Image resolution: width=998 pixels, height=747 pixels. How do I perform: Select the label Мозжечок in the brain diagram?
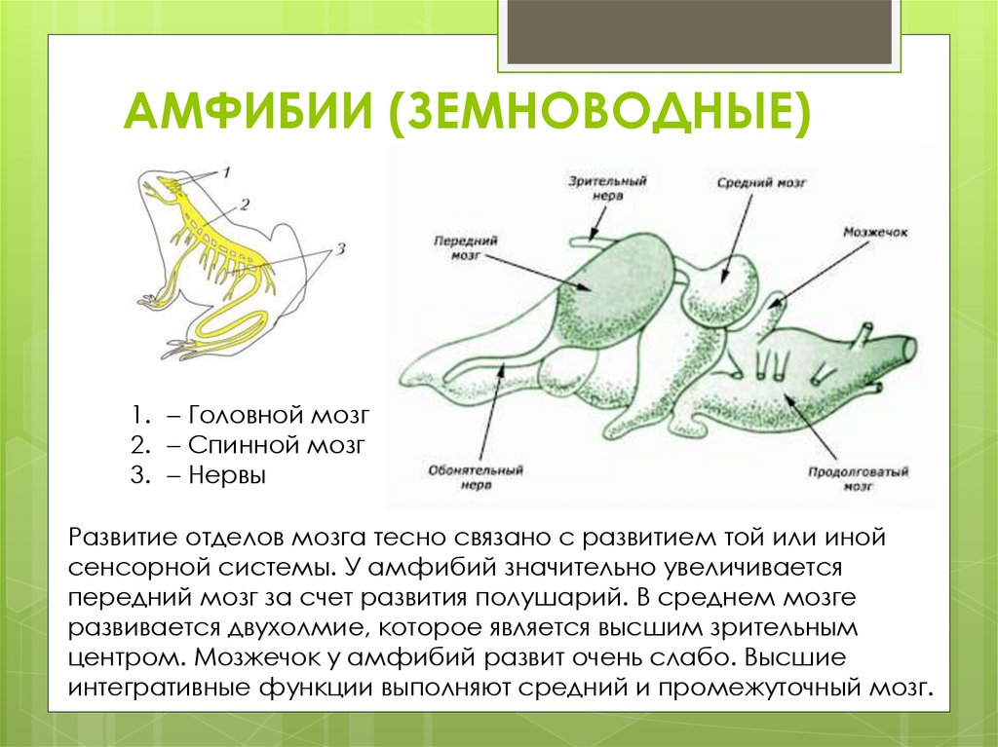876,235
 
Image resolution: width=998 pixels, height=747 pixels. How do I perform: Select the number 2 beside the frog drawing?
245,204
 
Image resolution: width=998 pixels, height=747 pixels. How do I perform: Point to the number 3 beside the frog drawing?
340,249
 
